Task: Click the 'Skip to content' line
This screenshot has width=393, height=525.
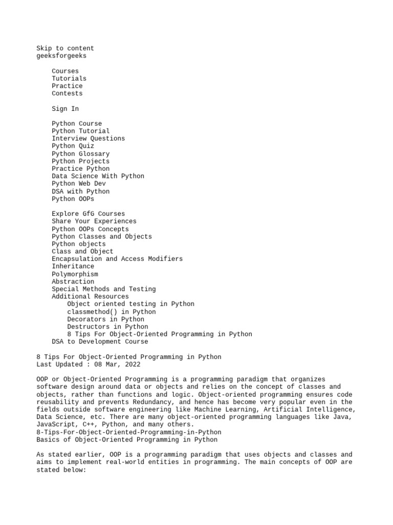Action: pyautogui.click(x=65, y=48)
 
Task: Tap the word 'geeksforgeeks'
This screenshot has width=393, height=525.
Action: pyautogui.click(x=61, y=56)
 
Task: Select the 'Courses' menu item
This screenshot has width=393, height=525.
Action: pyautogui.click(x=65, y=71)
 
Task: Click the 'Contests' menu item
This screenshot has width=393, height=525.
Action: pyautogui.click(x=67, y=93)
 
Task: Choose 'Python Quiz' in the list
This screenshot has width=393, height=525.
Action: pyautogui.click(x=73, y=146)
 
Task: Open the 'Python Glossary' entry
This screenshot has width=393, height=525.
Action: pyautogui.click(x=80, y=153)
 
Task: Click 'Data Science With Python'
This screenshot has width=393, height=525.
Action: pyautogui.click(x=98, y=176)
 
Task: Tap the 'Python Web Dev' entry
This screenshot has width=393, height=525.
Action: pyautogui.click(x=78, y=184)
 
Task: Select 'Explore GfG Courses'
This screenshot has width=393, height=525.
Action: pyautogui.click(x=88, y=213)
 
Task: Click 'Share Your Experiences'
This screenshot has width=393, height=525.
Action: pyautogui.click(x=94, y=221)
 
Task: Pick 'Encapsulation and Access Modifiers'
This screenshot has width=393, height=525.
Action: pyautogui.click(x=117, y=258)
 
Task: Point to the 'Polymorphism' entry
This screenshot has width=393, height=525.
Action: pyautogui.click(x=75, y=274)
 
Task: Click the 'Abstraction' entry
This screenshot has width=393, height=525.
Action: pyautogui.click(x=73, y=281)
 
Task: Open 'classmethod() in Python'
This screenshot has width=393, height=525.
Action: pyautogui.click(x=111, y=311)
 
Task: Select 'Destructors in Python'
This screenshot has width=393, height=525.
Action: pyautogui.click(x=107, y=326)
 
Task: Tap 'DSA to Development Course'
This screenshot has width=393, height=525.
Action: pyautogui.click(x=100, y=341)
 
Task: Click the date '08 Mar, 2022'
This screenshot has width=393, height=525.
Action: pyautogui.click(x=117, y=364)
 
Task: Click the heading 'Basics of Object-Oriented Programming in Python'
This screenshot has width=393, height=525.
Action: pyautogui.click(x=126, y=439)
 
